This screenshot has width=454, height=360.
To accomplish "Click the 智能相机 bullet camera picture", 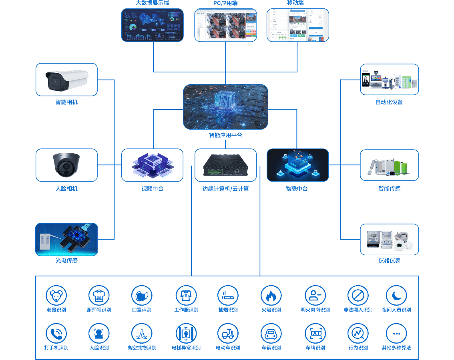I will pos(66,80).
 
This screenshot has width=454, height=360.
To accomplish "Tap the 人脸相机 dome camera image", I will pos(66,165).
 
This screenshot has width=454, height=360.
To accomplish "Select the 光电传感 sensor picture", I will pos(66,239).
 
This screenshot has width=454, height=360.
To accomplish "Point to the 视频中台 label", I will pos(152,189).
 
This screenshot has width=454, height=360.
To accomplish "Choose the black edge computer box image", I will pos(225,165).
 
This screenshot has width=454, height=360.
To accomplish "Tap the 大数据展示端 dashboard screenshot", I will pos(152,25).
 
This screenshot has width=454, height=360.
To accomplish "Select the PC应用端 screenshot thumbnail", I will pos(225,25).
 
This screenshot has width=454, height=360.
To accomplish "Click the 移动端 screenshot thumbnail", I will pos(297,25).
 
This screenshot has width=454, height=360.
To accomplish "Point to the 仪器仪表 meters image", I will pos(389,239).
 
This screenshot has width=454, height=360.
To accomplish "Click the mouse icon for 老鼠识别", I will pos(56,296).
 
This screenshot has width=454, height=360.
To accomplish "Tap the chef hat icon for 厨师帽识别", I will pos(98,296).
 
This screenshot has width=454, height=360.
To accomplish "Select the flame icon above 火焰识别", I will pos(271,296).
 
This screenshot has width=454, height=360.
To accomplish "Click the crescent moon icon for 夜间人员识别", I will pos(396,296).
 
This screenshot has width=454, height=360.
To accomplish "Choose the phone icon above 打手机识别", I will pos(56,333).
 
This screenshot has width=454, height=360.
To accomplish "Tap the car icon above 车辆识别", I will pos(271,333).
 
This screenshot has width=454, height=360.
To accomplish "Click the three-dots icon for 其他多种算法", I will pos(396,333).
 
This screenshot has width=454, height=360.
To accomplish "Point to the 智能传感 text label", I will pos(389,189).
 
